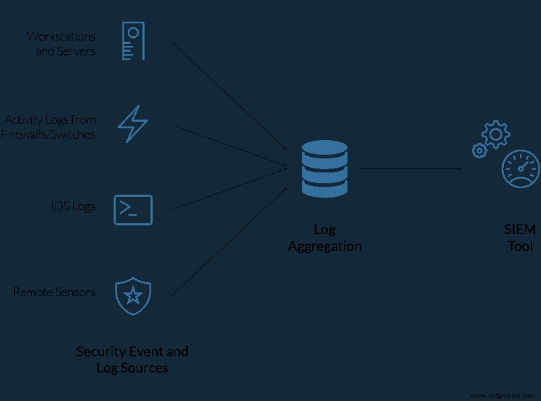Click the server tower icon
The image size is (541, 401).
(x=133, y=41)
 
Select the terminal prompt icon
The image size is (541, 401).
(x=133, y=210)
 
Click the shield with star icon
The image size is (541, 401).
(x=133, y=294)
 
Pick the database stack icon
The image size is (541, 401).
(x=325, y=169)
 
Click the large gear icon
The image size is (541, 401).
(x=496, y=135)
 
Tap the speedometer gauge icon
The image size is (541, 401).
(x=521, y=169)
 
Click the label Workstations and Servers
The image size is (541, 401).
(x=62, y=43)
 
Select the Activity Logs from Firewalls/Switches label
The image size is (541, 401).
(x=50, y=127)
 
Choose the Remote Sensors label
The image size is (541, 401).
(x=54, y=292)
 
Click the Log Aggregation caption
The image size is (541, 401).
(x=325, y=238)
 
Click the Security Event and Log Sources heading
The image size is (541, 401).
(x=132, y=360)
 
